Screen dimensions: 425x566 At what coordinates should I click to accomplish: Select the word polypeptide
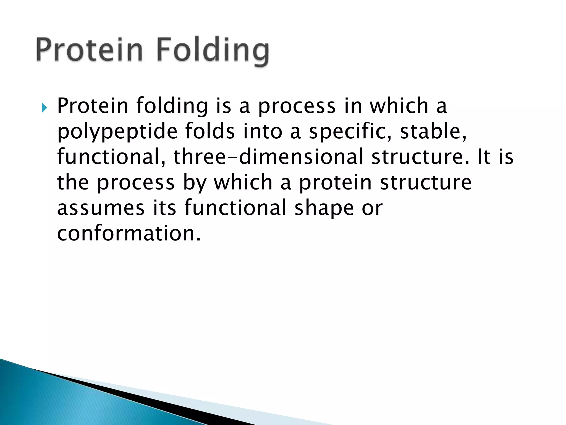117,132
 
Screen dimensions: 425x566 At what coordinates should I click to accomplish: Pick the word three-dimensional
268,157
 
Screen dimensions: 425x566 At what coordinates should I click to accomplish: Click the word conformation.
129,233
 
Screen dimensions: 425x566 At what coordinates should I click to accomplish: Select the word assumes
101,208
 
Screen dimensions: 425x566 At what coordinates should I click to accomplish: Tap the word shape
324,208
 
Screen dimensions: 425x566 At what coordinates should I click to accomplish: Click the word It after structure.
484,157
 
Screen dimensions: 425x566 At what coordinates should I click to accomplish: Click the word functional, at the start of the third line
112,157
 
